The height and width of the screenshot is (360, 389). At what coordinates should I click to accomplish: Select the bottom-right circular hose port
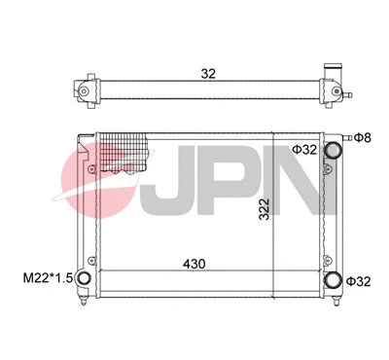(334, 280)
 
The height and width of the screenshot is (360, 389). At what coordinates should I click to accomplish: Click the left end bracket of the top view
(85, 90)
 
